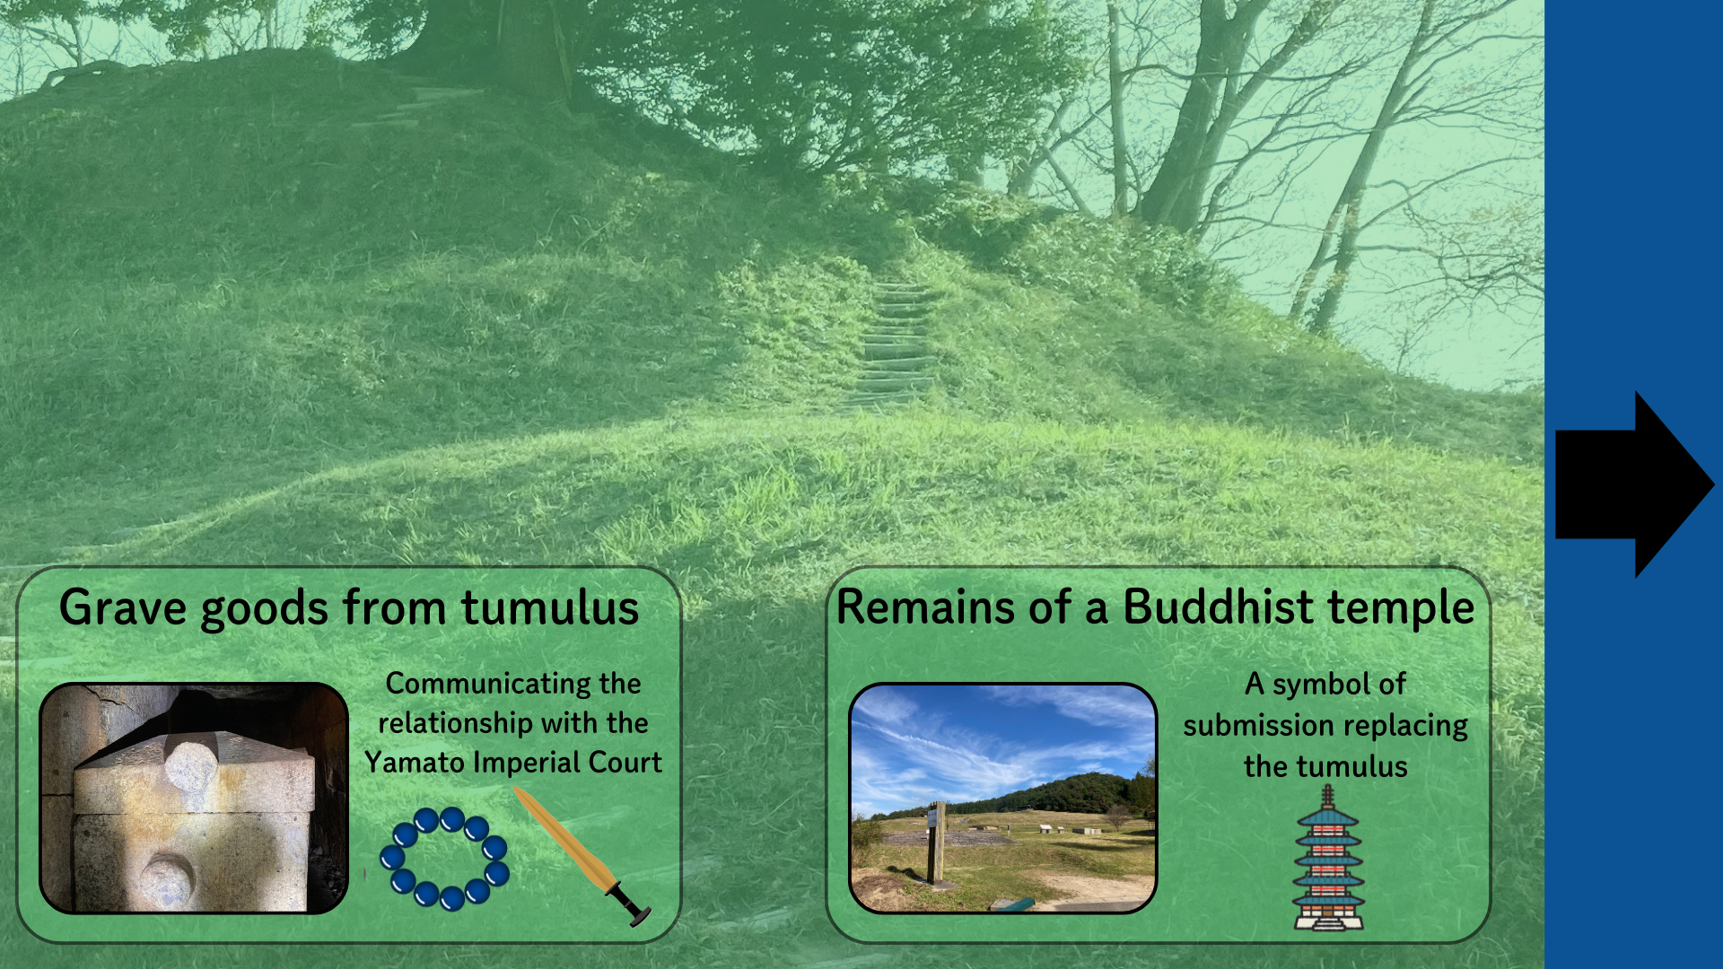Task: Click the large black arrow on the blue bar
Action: click(1634, 484)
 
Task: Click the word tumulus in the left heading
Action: click(550, 607)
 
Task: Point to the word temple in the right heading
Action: click(1401, 608)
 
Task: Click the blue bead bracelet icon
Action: click(444, 859)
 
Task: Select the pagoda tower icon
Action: click(1327, 858)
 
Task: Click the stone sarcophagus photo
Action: click(194, 798)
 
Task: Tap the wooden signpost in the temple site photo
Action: click(937, 842)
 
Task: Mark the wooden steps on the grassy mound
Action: click(893, 345)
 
